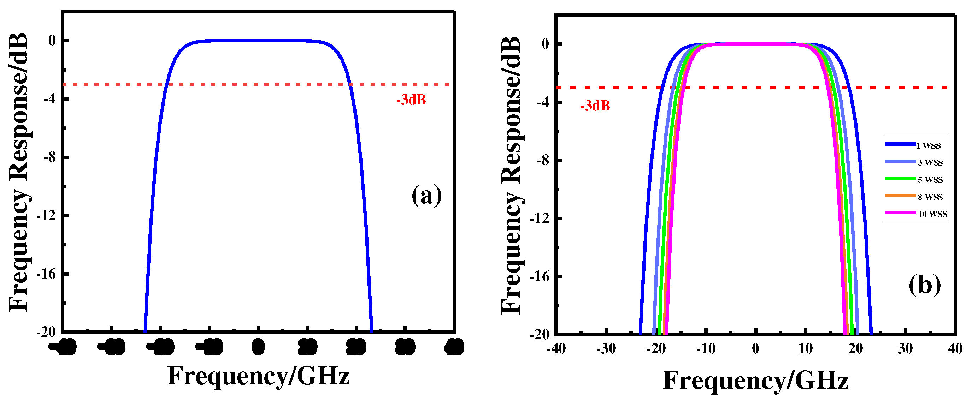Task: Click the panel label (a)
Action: tap(426, 195)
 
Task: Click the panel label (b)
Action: tap(924, 285)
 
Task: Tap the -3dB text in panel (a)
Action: tap(411, 100)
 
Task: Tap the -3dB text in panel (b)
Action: tap(595, 106)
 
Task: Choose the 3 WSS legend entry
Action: tap(930, 162)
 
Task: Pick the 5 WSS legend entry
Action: tap(930, 180)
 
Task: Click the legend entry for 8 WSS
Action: tap(930, 197)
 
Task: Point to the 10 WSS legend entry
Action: tap(932, 214)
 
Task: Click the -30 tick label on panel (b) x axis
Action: tap(606, 349)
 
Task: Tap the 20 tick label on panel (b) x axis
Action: tap(855, 349)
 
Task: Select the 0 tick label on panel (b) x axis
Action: tap(755, 349)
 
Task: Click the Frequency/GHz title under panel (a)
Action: tap(259, 376)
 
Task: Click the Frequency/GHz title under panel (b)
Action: tap(755, 381)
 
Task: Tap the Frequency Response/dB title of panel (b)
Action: tap(512, 175)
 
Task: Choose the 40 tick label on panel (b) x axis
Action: tap(955, 349)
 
